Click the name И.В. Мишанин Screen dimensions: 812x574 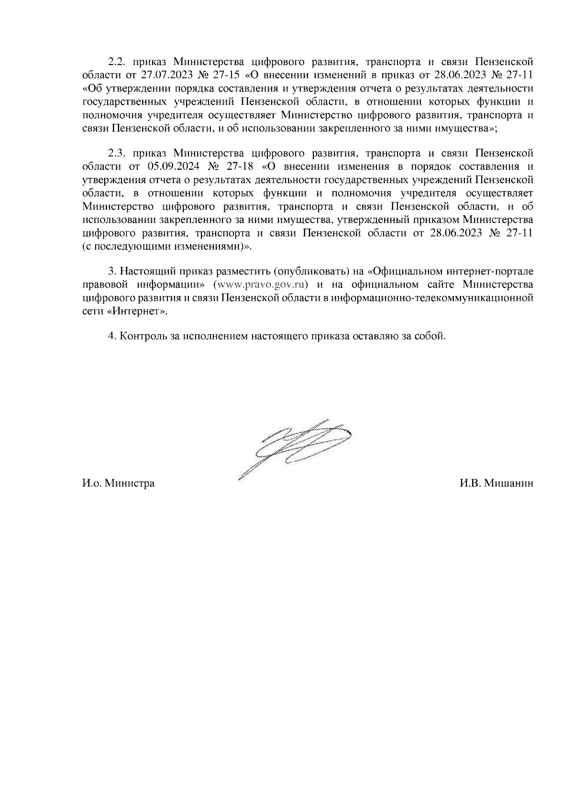[x=497, y=483]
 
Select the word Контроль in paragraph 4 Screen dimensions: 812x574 [x=143, y=336]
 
